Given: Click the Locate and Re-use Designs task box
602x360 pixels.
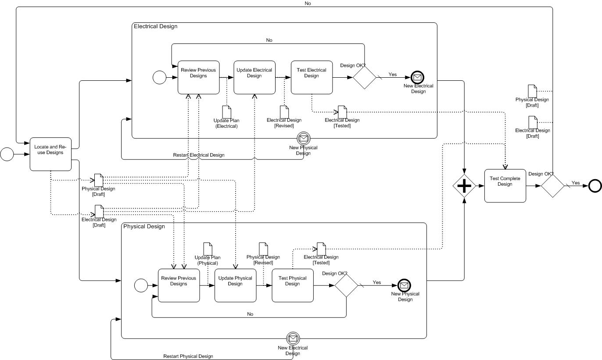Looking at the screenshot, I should (50, 154).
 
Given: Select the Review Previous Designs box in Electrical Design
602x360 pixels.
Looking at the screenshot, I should (198, 77).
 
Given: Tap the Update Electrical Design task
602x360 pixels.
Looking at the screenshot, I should (254, 77).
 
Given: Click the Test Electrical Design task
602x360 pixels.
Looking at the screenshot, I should (312, 77).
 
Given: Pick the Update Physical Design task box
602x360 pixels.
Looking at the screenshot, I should (235, 285).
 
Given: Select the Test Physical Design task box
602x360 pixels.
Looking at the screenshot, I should (293, 285).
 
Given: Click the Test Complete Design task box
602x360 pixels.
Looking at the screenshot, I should (505, 186).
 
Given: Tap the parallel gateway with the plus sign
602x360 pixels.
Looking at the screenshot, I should (464, 186).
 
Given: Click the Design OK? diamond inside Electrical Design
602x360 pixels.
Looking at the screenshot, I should (365, 78).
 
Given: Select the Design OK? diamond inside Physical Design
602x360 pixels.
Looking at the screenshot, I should (346, 286).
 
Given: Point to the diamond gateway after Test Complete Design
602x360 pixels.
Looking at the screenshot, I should (552, 186).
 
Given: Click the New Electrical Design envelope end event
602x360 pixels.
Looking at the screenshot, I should (418, 78).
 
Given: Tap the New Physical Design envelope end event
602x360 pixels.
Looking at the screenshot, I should (404, 285).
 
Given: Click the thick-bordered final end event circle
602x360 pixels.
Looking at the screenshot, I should (595, 186).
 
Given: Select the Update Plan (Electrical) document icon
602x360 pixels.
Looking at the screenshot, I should (227, 112).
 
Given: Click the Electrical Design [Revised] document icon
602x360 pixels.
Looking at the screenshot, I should (284, 112).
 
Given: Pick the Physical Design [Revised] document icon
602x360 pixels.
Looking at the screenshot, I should (263, 248).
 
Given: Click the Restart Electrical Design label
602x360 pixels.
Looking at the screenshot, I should (198, 155).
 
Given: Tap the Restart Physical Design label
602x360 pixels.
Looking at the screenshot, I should (188, 356).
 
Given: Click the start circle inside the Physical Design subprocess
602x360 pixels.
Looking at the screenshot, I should (141, 285).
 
